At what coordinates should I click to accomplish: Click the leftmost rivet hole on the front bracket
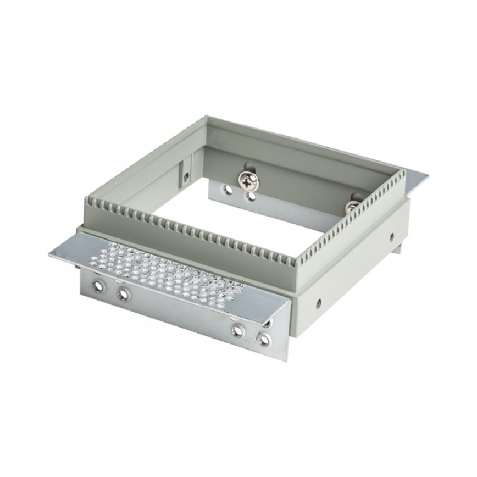(x=98, y=287)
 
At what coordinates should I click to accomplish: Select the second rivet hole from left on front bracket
(x=123, y=295)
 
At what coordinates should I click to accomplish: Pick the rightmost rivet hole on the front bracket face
(x=264, y=340)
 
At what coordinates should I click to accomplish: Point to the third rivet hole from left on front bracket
(x=238, y=330)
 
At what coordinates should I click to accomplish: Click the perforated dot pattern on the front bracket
(x=165, y=270)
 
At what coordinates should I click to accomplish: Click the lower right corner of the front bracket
(x=286, y=360)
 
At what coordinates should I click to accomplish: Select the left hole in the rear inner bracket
(x=228, y=190)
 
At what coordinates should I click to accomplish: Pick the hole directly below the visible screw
(x=251, y=195)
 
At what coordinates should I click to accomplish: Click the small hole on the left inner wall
(x=186, y=177)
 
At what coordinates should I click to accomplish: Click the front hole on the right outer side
(x=319, y=303)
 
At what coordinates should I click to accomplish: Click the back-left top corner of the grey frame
(x=206, y=117)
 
